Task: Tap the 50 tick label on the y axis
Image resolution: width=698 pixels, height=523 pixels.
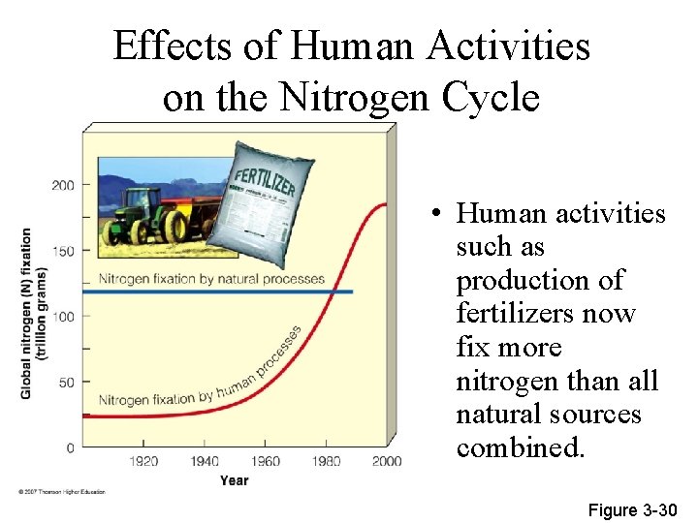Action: (x=65, y=383)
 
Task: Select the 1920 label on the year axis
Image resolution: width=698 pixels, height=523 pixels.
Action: (x=143, y=461)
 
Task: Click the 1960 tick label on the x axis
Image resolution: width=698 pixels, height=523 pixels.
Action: (x=265, y=461)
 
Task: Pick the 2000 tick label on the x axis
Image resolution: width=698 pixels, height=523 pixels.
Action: (x=386, y=461)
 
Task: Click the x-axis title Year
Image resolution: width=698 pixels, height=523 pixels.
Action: (x=234, y=480)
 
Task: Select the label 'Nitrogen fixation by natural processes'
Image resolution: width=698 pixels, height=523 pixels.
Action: (x=211, y=279)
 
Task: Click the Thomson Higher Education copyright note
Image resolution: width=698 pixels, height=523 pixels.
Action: (x=61, y=492)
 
